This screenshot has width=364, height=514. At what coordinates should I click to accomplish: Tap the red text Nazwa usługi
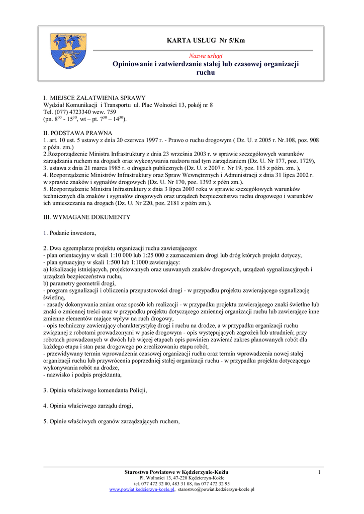click(205, 55)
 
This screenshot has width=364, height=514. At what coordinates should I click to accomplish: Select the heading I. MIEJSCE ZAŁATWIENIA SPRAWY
click(95, 97)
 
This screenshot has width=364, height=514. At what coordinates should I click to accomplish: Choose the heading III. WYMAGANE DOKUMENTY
click(87, 217)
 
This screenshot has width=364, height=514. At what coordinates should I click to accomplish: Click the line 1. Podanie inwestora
click(69, 233)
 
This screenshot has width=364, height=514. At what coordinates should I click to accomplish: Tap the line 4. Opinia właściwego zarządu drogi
click(88, 406)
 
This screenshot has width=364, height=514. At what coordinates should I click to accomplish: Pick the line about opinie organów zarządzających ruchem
click(112, 421)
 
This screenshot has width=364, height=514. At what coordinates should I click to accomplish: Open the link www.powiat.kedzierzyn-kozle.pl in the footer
click(142, 489)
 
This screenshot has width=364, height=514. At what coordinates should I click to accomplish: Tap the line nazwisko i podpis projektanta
click(83, 374)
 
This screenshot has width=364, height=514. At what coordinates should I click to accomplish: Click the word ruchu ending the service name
click(205, 73)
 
